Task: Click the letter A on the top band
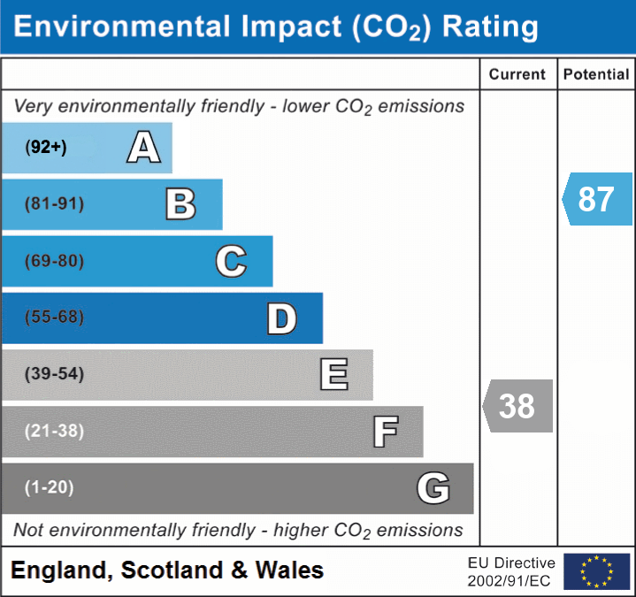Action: click(144, 147)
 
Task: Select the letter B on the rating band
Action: click(180, 204)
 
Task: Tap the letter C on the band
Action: click(231, 261)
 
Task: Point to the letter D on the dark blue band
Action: click(281, 318)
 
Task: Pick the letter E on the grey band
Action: click(333, 374)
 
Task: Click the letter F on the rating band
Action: click(385, 432)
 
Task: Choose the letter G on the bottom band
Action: click(433, 488)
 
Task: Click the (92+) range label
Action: click(46, 148)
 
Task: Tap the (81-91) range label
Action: click(54, 204)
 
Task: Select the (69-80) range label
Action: click(54, 261)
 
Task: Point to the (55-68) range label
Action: click(54, 318)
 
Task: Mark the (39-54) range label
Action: click(54, 374)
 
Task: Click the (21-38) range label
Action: click(54, 431)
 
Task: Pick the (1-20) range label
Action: click(50, 487)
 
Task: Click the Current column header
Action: click(517, 75)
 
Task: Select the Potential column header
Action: click(596, 75)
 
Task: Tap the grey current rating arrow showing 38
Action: click(518, 406)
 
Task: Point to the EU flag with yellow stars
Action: click(596, 571)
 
